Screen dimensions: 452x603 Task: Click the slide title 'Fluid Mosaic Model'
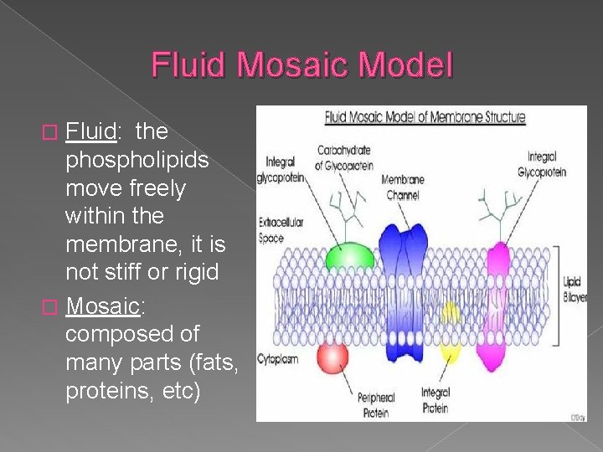click(301, 64)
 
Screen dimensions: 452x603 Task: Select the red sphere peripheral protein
click(332, 358)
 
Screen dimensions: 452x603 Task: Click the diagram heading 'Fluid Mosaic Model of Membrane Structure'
click(425, 116)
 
